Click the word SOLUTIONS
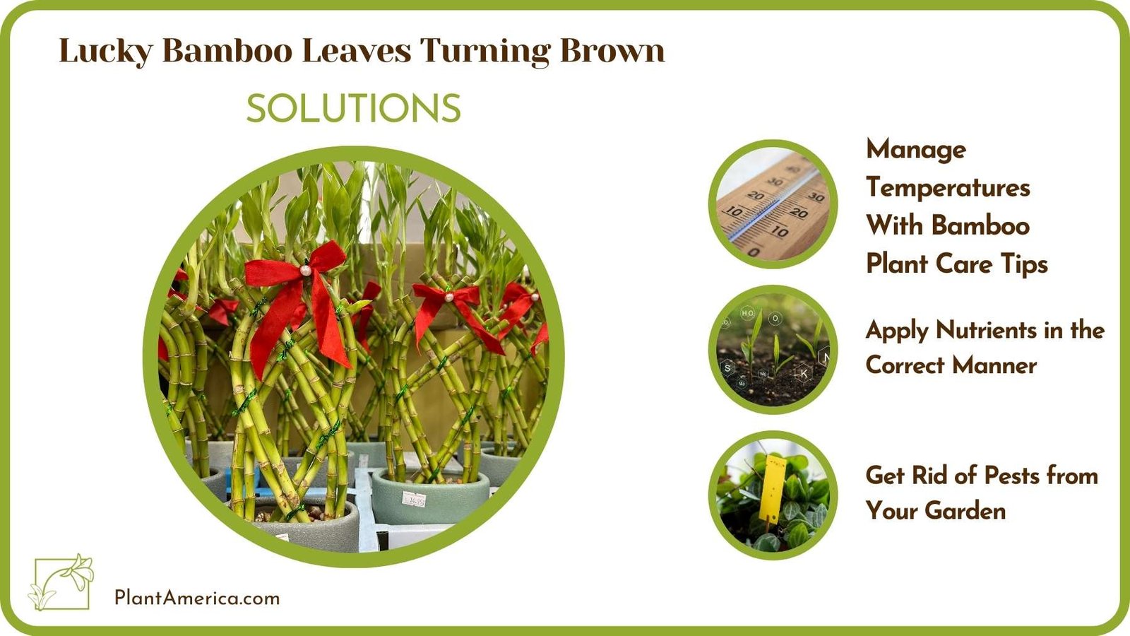click(x=353, y=109)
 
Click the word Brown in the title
click(x=612, y=51)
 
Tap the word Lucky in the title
click(x=105, y=51)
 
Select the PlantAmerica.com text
click(x=197, y=598)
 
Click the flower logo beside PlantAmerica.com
click(x=62, y=582)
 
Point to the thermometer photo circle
click(x=773, y=204)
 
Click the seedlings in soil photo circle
click(x=773, y=350)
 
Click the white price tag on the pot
click(x=414, y=500)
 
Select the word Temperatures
click(x=948, y=187)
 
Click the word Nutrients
click(x=985, y=330)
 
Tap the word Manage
click(x=916, y=149)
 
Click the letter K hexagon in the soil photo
click(x=804, y=373)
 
